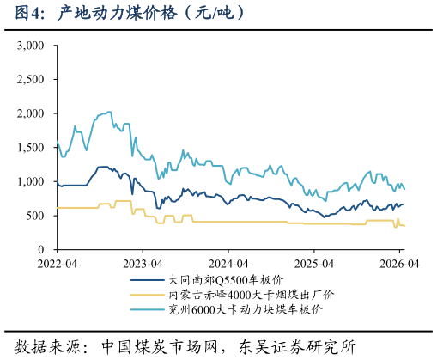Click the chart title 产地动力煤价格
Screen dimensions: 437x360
point(117,13)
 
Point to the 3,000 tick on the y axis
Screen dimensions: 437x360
point(30,46)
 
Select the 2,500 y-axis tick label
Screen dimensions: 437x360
point(30,79)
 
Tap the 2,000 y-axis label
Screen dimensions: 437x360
point(30,113)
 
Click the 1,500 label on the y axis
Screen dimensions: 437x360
point(30,148)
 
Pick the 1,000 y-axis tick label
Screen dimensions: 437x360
point(30,181)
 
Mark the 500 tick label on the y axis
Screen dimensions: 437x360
point(35,216)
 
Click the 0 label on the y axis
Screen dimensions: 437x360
point(41,249)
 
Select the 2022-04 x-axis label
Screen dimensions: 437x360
point(58,264)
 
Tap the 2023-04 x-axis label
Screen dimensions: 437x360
point(143,264)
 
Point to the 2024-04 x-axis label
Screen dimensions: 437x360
point(228,264)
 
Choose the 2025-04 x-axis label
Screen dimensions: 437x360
point(314,264)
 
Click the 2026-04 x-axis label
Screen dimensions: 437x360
point(399,264)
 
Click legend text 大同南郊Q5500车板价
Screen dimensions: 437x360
point(226,280)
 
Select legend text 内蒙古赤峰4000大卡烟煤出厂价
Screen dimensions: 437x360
point(251,295)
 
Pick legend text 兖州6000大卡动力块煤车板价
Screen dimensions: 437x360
point(246,309)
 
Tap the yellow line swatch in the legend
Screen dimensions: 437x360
point(147,295)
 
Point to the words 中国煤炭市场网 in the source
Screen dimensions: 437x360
point(160,347)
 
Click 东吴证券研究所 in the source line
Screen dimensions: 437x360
point(297,347)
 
